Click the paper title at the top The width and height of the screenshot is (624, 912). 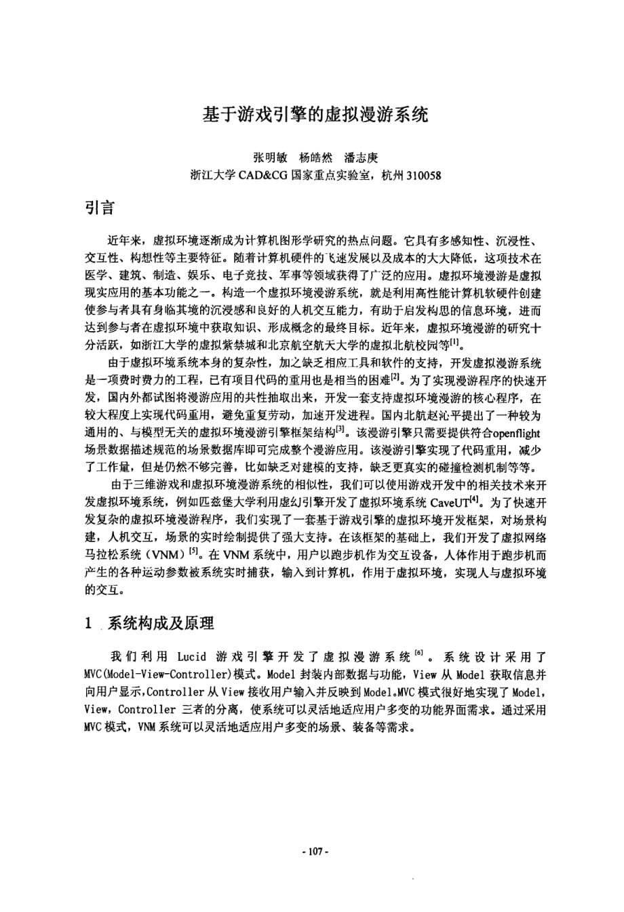315,113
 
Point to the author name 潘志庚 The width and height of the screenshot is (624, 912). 361,157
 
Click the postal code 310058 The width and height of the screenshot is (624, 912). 423,175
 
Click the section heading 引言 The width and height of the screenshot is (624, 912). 99,207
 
